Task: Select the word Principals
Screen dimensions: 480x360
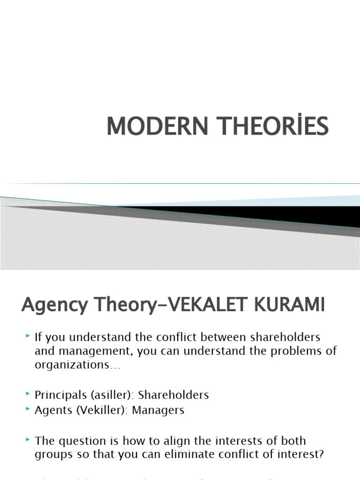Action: point(58,395)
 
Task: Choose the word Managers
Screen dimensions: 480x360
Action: point(158,410)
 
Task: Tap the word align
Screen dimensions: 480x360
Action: point(176,441)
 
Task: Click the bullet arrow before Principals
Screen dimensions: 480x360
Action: point(28,394)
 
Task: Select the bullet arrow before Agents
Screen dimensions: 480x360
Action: point(28,409)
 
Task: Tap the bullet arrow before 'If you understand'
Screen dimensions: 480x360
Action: point(28,337)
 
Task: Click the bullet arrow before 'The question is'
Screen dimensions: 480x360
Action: point(28,440)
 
